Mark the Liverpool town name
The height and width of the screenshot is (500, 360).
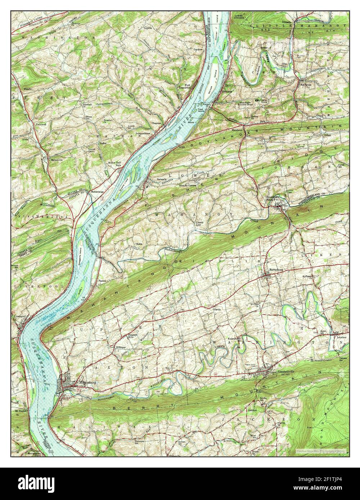tap(19, 316)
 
